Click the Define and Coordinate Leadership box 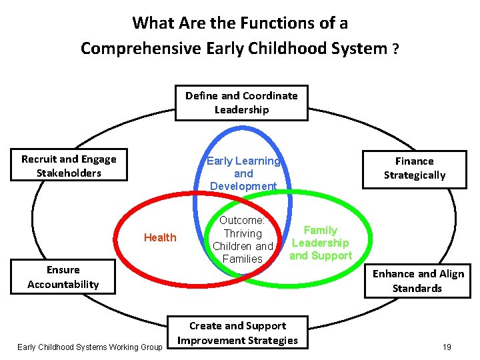click(241, 103)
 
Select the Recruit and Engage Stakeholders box click(69, 166)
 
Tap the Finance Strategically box click(414, 168)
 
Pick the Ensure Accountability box click(63, 277)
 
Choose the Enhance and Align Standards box click(417, 281)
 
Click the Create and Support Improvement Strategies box click(238, 333)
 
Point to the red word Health click(160, 237)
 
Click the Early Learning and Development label click(243, 173)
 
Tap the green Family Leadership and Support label click(321, 243)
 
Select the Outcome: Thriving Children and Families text click(243, 239)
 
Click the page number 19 click(447, 347)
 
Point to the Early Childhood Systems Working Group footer click(90, 347)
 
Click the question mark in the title click(395, 49)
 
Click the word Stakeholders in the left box click(69, 173)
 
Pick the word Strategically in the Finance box click(414, 175)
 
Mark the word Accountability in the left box click(63, 285)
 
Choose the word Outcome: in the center click(243, 221)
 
